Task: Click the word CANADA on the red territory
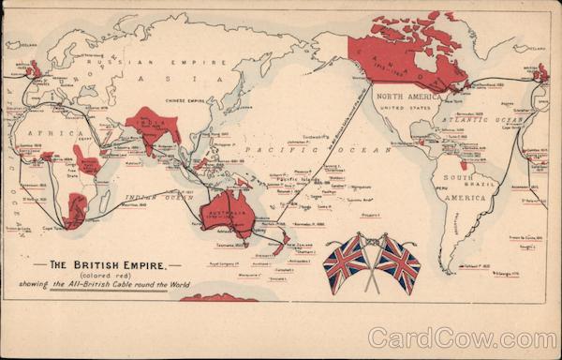point(404,64)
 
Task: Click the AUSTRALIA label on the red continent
point(226,212)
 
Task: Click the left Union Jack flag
point(345,263)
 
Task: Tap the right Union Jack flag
point(399,263)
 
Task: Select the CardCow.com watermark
point(461,338)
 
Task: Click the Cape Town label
point(52,227)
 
